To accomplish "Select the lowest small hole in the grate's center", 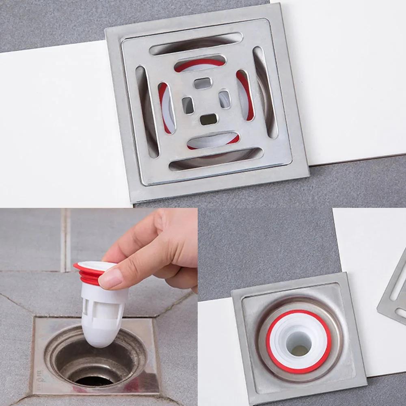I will pyautogui.click(x=209, y=119).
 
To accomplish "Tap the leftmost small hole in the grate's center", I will pyautogui.click(x=188, y=105).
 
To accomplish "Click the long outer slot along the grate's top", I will pyautogui.click(x=196, y=43).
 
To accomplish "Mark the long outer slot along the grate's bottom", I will pyautogui.click(x=216, y=159).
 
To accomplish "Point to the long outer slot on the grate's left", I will pyautogui.click(x=147, y=112).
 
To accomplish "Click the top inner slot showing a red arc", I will pyautogui.click(x=199, y=63).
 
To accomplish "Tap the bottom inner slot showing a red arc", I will pyautogui.click(x=213, y=140).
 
